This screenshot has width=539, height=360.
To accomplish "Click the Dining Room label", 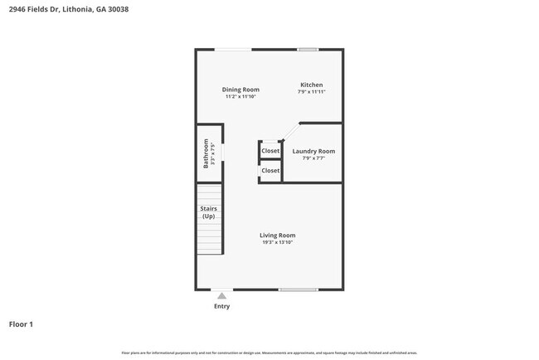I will pos(240,90).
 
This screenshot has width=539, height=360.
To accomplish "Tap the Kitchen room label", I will pos(311,85).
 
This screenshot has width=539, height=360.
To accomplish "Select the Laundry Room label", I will pos(313,151).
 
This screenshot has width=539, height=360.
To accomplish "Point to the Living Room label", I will pos(277,235).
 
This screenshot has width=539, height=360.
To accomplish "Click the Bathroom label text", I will pos(206,153).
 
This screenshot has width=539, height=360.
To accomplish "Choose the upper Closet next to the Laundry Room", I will pos(270,151).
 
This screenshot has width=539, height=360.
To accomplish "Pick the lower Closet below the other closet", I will pos(270,171).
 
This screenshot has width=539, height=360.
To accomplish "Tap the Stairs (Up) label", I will pos(208,212).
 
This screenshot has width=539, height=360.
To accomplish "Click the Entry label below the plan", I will pos(221,306).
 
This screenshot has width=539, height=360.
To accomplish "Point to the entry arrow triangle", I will pos(221,294).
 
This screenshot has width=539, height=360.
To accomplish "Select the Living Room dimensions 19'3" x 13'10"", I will pos(277,242).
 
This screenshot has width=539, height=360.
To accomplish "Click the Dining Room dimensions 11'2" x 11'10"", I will pos(240,97).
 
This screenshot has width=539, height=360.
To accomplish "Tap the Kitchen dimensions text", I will pos(311,92).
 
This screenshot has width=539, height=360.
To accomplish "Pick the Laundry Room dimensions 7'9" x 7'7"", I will pos(313,158).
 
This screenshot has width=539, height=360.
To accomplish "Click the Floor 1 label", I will pos(21,324).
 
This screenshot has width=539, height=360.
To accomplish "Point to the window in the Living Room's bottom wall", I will pos(299,289).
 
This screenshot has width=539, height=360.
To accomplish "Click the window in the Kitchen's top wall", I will pos(308,50).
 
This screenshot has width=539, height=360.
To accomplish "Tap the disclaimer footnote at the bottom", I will pos(269,353).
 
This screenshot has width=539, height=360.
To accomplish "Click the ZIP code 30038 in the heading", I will pos(117,10).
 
